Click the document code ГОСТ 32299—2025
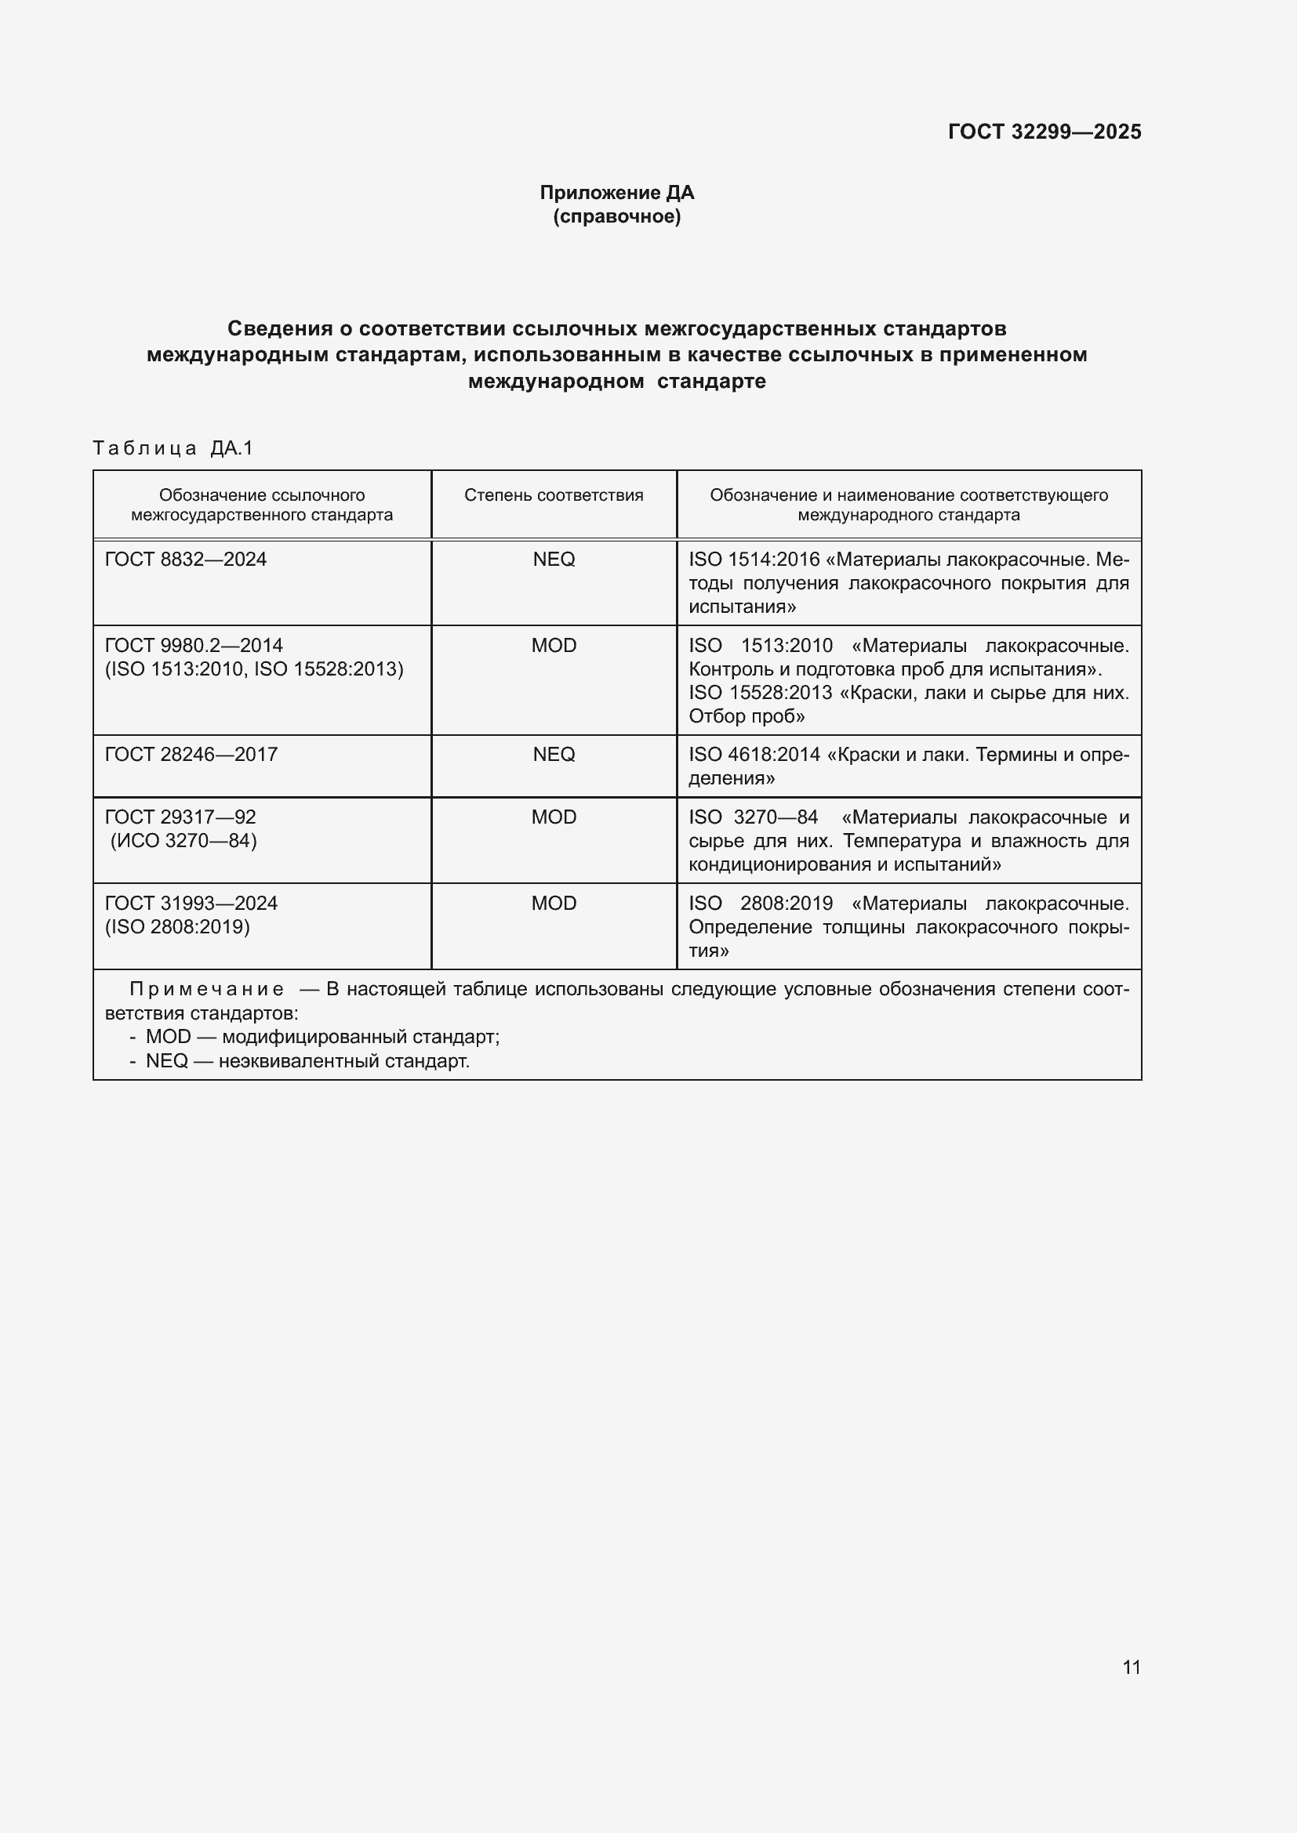coord(1044,132)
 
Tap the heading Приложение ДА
coord(616,193)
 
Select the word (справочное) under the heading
coord(616,216)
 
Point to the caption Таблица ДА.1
coord(173,448)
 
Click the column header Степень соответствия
coord(554,495)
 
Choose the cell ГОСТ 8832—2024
coord(185,560)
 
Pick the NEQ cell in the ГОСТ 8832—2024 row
coord(554,560)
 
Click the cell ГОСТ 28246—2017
coord(191,755)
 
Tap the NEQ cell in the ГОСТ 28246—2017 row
coord(554,755)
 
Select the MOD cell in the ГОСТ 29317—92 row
coord(554,817)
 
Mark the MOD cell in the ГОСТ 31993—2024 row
coord(554,904)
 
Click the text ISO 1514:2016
coord(754,560)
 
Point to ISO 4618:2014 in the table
coord(754,755)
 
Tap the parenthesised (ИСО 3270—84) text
coord(183,841)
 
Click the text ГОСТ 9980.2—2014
coord(193,645)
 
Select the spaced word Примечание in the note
coord(207,990)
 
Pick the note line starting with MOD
coord(322,1037)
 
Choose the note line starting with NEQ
coord(307,1061)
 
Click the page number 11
coord(1131,1667)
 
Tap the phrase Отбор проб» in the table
coord(747,716)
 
